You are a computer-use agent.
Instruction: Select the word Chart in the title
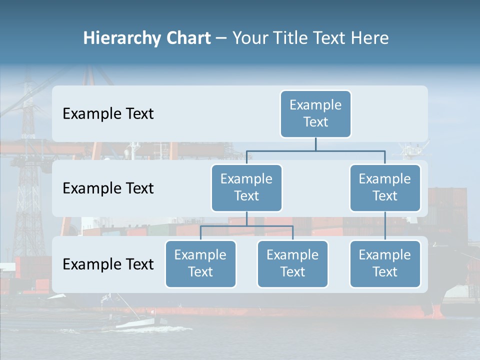point(187,38)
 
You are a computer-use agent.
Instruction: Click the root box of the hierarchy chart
point(315,113)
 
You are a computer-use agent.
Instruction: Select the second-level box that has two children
point(246,187)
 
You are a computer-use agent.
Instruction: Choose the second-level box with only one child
point(385,187)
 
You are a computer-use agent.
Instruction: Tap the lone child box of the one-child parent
point(385,263)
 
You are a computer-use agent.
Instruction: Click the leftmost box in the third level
point(200,263)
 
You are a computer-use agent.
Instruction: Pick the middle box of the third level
point(292,263)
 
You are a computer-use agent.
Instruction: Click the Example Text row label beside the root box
point(108,113)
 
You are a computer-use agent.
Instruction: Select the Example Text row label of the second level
point(108,188)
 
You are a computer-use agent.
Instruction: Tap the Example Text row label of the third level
point(108,264)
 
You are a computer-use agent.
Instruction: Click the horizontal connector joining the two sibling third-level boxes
point(246,226)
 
